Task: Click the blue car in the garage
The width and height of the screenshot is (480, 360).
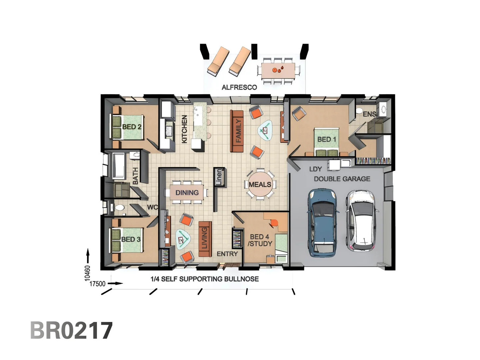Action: [322, 223]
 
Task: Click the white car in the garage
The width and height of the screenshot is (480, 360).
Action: [362, 221]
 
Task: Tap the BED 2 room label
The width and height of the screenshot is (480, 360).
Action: [132, 127]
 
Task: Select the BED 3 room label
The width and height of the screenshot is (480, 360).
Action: [131, 239]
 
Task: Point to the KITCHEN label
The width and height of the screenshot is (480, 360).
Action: [184, 129]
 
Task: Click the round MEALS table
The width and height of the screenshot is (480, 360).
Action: [260, 184]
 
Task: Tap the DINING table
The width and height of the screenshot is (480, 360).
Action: [187, 193]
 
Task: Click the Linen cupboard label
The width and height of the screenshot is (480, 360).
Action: [219, 177]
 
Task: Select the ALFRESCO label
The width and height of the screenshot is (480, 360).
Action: [239, 87]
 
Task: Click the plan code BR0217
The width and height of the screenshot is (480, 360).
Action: [71, 330]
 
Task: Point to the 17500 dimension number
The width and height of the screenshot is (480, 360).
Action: [97, 284]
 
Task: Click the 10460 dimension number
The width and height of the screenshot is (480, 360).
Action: [87, 273]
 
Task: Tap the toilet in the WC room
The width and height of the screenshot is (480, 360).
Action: [119, 208]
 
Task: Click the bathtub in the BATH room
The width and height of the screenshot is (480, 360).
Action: [118, 165]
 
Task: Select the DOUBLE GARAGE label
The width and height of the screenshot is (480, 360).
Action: [342, 179]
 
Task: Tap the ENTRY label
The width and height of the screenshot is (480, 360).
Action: [227, 254]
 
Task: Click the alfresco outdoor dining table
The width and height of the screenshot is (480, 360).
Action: [278, 71]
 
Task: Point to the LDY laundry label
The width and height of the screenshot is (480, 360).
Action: [315, 169]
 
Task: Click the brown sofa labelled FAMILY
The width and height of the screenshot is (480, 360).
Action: [238, 131]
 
